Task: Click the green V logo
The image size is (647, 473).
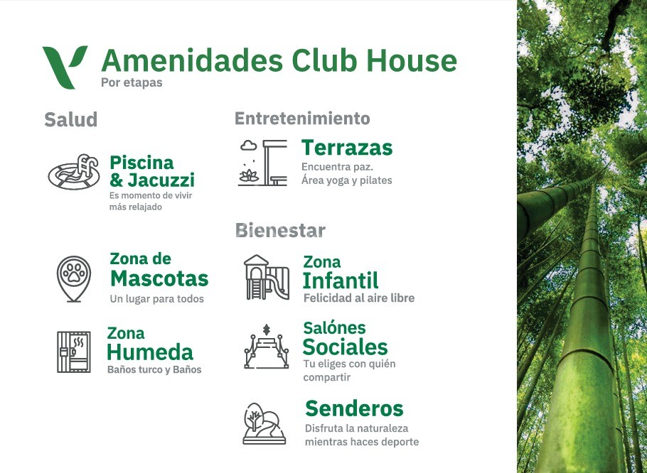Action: tap(65, 67)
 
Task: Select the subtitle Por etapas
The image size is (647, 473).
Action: tap(132, 82)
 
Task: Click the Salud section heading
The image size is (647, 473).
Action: tap(70, 119)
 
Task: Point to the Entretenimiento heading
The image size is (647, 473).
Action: tap(302, 118)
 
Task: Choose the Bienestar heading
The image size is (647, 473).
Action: tap(280, 230)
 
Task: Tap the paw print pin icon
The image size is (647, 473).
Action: tap(74, 278)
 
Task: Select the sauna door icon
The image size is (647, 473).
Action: tap(74, 352)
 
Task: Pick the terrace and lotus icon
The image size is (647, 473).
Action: tap(262, 163)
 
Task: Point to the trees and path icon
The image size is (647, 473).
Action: tap(264, 424)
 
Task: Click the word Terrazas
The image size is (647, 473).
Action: tap(347, 148)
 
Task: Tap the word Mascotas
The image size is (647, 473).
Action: tap(159, 278)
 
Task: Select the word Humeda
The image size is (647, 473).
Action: tap(150, 352)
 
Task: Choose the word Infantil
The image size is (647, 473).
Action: tap(341, 281)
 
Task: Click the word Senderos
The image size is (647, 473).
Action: tap(354, 408)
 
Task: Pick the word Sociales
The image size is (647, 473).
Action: tap(345, 347)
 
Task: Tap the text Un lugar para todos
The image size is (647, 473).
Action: tap(156, 299)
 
